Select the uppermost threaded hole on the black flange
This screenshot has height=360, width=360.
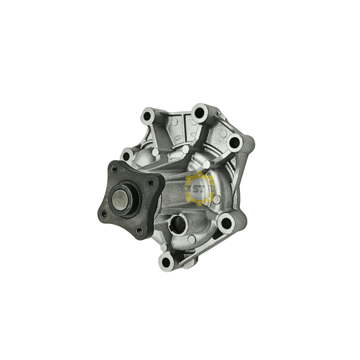tap(114, 170)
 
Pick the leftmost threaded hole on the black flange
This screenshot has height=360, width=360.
tap(103, 213)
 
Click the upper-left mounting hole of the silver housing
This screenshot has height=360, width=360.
tap(147, 116)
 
